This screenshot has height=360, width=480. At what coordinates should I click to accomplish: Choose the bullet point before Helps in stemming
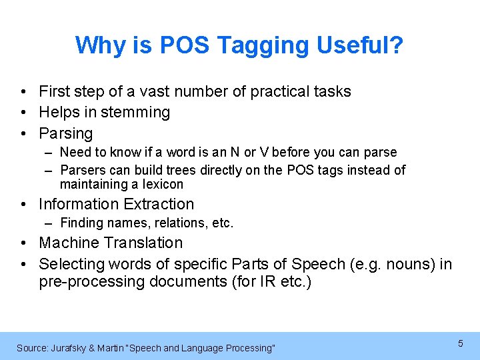click(23, 112)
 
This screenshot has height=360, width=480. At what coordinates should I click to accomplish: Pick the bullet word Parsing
click(66, 133)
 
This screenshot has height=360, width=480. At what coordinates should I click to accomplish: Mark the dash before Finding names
click(50, 223)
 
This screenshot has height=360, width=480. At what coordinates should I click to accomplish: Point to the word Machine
click(69, 243)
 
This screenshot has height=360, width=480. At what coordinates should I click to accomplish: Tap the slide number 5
click(460, 343)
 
